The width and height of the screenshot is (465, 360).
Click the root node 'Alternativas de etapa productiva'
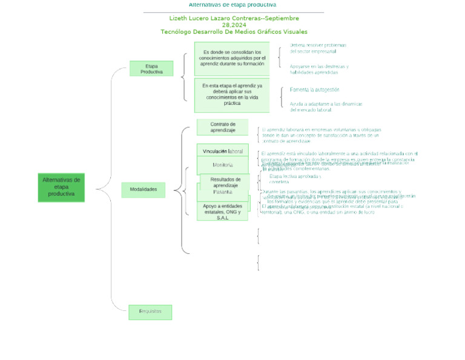[61, 187]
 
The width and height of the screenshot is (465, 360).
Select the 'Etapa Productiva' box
[151, 68]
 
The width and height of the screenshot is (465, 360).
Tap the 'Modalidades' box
[143, 190]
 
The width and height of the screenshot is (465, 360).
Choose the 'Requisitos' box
[150, 312]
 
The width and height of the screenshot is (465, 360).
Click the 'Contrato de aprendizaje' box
[222, 127]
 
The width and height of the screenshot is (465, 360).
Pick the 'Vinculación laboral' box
[222, 151]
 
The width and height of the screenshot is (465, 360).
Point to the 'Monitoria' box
[222, 165]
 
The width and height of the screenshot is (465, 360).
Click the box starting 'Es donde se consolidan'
[232, 58]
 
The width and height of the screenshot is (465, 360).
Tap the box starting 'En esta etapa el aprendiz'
[232, 95]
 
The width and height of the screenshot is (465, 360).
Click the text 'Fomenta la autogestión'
[315, 90]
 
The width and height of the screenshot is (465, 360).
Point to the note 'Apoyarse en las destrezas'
[319, 69]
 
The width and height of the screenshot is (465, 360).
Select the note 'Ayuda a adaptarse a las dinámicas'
[326, 107]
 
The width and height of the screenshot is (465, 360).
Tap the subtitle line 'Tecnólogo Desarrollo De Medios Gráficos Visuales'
[234, 32]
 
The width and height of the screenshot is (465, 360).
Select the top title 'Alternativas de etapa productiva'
[232, 5]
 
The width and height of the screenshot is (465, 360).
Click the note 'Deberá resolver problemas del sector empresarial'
[318, 48]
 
